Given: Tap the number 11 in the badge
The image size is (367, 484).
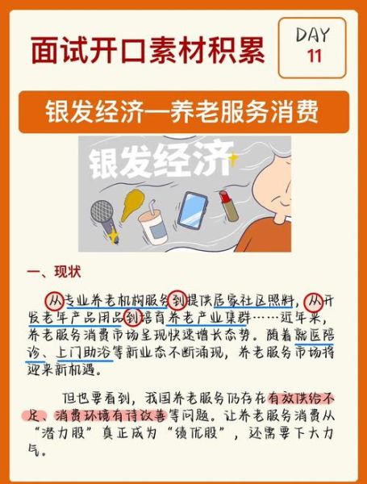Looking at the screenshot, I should (314, 56).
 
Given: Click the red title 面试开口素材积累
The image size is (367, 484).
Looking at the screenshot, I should (148, 50).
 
